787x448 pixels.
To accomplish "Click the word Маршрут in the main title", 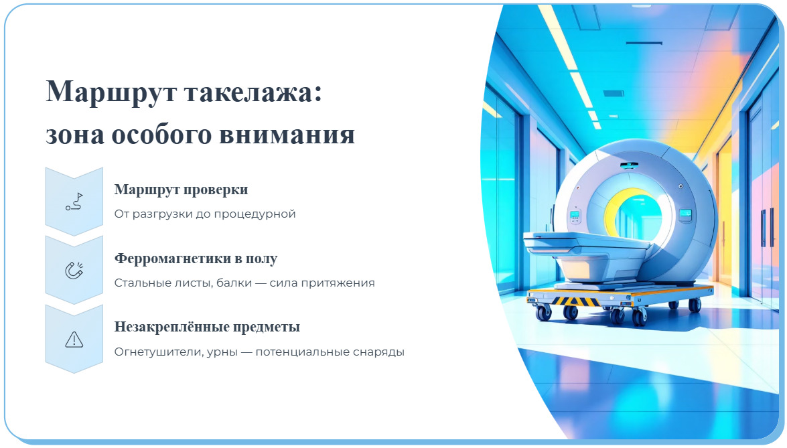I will coord(100,91).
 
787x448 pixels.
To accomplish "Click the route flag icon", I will coord(74,202).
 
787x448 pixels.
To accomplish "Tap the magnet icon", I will coord(74,271).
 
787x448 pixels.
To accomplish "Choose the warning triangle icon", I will coord(74,340).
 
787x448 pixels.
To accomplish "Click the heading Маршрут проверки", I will coord(181,190).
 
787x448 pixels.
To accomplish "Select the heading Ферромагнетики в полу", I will coord(196,258).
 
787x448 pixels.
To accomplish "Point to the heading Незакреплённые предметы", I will coord(207,327).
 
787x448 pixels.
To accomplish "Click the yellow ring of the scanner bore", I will coord(613,201).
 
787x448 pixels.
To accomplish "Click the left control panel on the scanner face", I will coord(574,217).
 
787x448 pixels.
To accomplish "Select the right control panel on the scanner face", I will coord(685,215).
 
